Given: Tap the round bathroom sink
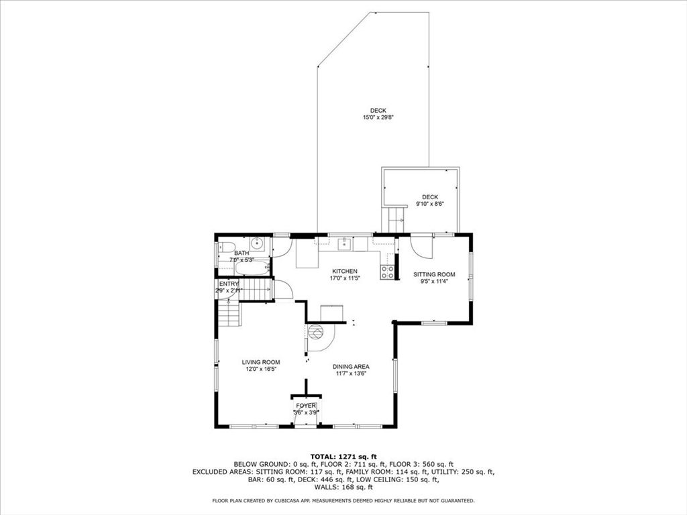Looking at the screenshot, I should tap(256, 243).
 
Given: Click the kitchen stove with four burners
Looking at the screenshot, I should tap(387, 272).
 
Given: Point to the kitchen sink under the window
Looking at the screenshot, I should tap(345, 243).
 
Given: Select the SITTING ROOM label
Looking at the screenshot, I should tap(434, 274).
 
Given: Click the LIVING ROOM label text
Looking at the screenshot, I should tap(261, 362).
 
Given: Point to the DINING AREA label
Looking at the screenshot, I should tap(351, 366).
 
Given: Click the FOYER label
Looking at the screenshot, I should tap(306, 406).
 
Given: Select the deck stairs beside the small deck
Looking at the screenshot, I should tap(394, 219).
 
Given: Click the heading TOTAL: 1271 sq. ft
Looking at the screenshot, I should tap(343, 456).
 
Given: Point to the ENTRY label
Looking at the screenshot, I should tap(229, 284).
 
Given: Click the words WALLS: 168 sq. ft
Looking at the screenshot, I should tap(343, 488).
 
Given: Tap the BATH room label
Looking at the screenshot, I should tap(242, 253).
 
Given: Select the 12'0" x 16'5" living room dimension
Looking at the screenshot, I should tap(261, 369).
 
